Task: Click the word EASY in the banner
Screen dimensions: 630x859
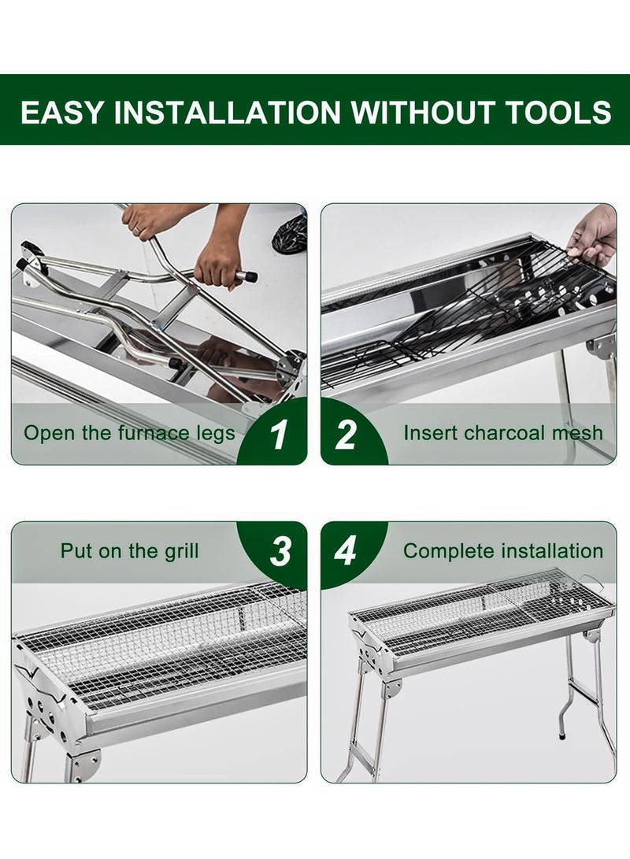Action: pyautogui.click(x=61, y=112)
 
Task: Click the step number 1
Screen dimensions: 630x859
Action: pyautogui.click(x=279, y=435)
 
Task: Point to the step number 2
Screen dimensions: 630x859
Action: pyautogui.click(x=346, y=435)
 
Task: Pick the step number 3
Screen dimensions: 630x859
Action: pyautogui.click(x=280, y=551)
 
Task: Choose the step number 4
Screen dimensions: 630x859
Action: pyautogui.click(x=346, y=551)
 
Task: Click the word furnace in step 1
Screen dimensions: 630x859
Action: pyautogui.click(x=146, y=433)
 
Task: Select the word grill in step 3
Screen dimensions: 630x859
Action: pyautogui.click(x=181, y=551)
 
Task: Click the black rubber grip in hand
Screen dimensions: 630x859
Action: pyautogui.click(x=247, y=276)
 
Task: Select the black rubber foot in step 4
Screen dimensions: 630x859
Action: pyautogui.click(x=562, y=738)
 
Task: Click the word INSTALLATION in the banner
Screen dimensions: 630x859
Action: pyautogui.click(x=227, y=112)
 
